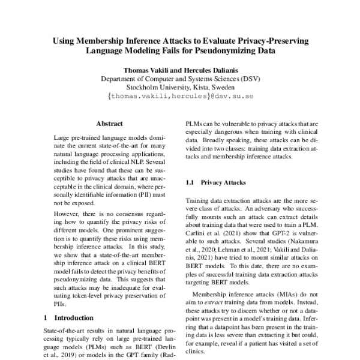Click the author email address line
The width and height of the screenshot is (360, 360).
tap(179, 95)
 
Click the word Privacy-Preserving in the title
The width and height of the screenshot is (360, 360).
tap(272, 41)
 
